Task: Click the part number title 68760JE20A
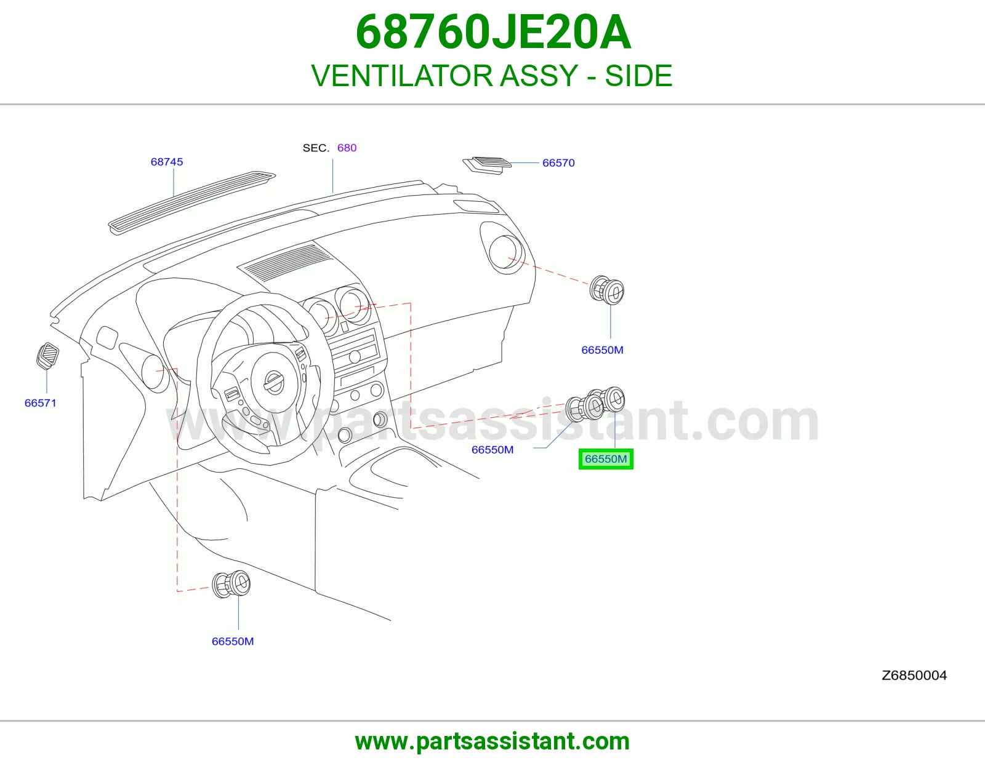tap(492, 33)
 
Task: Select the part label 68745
tap(167, 162)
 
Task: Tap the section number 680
tap(347, 148)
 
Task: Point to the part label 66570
tap(558, 162)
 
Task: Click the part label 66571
tap(41, 403)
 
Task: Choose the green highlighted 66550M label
tap(606, 459)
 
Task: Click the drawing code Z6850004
tap(914, 676)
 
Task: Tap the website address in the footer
tap(492, 741)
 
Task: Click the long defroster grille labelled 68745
tap(191, 202)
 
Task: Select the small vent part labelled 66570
tap(487, 166)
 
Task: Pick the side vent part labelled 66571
tap(47, 356)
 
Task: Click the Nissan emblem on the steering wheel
tap(274, 382)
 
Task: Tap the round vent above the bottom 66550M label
tap(231, 584)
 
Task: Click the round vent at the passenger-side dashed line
tap(606, 290)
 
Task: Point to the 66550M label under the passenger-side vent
tap(603, 350)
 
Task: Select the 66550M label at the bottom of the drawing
tap(233, 641)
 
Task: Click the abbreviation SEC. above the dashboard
tap(316, 148)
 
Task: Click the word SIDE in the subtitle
tap(638, 75)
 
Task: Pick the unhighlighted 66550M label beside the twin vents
tap(492, 449)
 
